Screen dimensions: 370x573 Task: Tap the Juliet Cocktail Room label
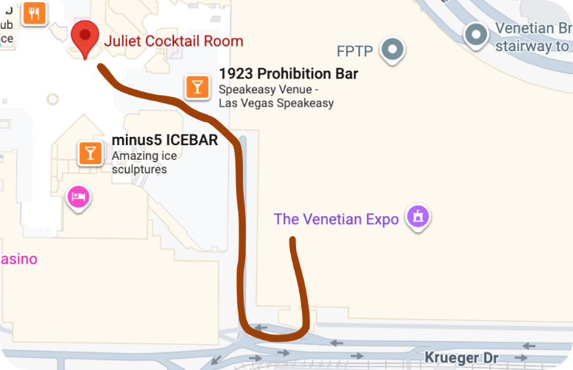(x=173, y=41)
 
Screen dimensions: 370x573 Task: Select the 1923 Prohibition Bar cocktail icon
(x=196, y=87)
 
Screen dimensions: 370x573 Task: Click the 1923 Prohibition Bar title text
(x=288, y=74)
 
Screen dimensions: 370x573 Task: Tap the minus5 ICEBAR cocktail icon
(x=90, y=152)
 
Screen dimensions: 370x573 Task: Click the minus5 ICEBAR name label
(x=164, y=140)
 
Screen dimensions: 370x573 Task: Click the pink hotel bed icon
(x=78, y=197)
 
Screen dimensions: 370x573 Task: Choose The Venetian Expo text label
(x=336, y=219)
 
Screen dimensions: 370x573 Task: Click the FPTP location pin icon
(x=392, y=50)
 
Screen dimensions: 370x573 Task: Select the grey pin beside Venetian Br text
(x=475, y=34)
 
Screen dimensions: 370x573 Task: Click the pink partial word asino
(x=19, y=259)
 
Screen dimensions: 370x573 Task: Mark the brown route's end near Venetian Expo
(x=293, y=240)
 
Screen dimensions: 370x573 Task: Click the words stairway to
(x=532, y=47)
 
